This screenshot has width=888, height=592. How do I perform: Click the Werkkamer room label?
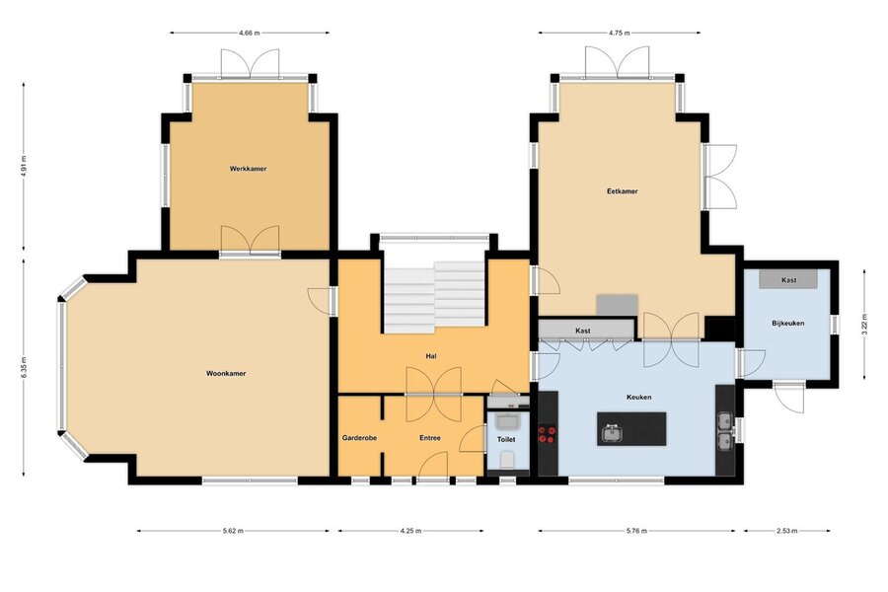pos(248,169)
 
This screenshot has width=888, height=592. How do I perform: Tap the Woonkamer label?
pos(226,374)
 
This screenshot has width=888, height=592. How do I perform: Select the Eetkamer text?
pos(623,191)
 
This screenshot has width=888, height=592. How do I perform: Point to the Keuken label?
pos(638,398)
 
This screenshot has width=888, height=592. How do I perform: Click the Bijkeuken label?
pos(788,324)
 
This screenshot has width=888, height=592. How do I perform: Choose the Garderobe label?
pos(359,438)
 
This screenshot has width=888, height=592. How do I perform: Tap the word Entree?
pos(430,438)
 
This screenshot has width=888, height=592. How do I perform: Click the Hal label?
pos(431,356)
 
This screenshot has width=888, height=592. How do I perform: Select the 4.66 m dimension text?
pos(250,33)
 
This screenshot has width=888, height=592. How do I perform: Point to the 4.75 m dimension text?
pos(619,33)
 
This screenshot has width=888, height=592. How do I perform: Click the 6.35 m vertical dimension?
pos(24,368)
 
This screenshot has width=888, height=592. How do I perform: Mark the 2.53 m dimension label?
pos(786,532)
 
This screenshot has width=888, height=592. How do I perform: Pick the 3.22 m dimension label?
pos(864,325)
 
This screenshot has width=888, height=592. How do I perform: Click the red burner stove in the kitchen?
pos(547,434)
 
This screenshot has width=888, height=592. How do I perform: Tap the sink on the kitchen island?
pos(611,433)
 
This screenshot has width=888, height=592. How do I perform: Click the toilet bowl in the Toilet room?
pos(507,460)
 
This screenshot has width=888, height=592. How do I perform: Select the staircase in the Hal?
pos(434,297)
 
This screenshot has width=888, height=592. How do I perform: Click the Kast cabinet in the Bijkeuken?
pos(788,280)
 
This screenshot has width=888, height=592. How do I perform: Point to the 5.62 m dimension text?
pos(233,532)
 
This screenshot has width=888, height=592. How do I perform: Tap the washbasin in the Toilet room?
pos(507,422)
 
